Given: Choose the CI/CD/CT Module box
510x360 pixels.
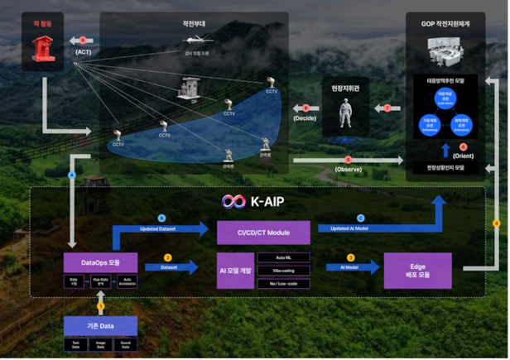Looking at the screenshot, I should [x=263, y=233].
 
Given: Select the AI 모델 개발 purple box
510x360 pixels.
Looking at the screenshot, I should [x=234, y=271].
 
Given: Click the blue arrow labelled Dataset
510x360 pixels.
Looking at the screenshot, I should [x=171, y=267].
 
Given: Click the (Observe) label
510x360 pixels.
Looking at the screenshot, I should [x=348, y=169].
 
